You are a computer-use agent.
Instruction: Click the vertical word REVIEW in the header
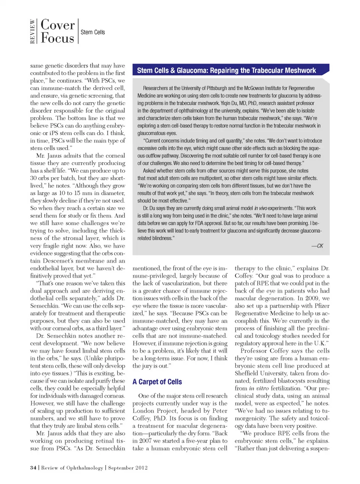[33, 32]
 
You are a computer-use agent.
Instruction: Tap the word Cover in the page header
[58, 25]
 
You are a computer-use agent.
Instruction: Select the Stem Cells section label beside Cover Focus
[93, 32]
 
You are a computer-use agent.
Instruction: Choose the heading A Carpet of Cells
[157, 382]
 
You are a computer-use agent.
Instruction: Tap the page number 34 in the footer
[33, 468]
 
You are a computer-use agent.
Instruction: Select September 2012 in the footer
[128, 468]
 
